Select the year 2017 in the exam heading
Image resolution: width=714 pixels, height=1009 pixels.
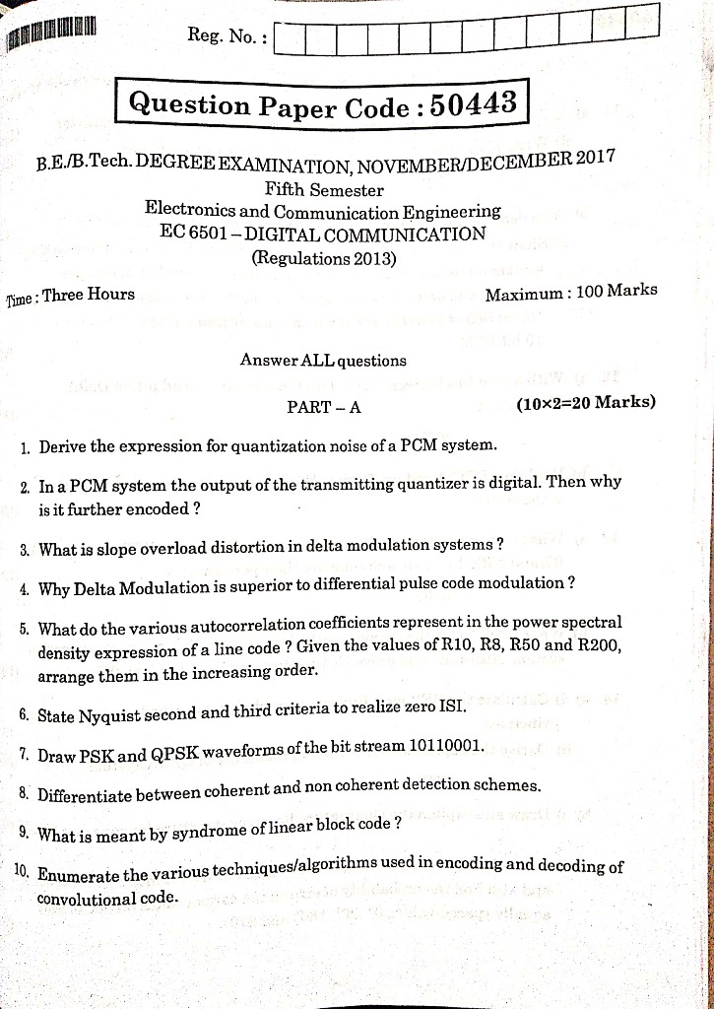click(x=596, y=159)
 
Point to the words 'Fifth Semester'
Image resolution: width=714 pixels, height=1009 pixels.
click(x=324, y=189)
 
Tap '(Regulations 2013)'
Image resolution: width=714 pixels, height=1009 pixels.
click(x=324, y=259)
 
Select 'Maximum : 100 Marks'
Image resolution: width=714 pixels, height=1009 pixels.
click(x=571, y=292)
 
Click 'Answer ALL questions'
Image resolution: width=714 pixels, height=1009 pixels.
click(x=323, y=361)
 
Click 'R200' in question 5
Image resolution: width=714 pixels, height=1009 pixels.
click(x=600, y=644)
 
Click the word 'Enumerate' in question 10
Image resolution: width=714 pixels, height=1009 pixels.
click(x=78, y=875)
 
